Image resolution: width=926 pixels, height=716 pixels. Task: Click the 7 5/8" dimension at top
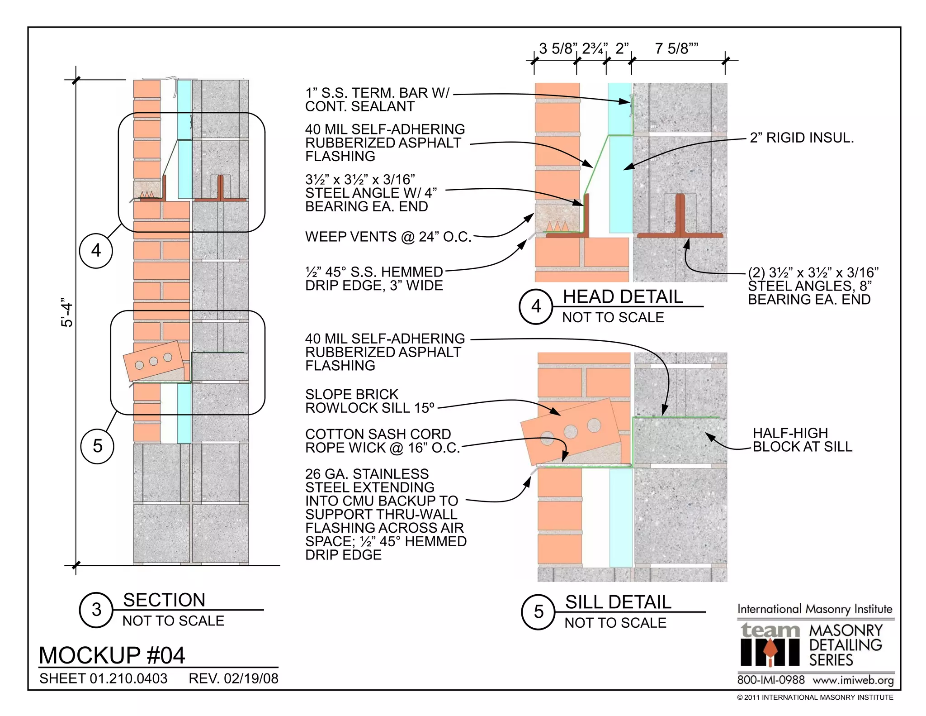tap(676, 48)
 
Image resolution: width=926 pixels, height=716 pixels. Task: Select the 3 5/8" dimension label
tap(558, 48)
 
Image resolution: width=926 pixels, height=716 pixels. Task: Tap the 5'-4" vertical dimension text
tap(67, 312)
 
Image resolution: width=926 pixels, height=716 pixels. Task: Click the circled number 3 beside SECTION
tap(96, 610)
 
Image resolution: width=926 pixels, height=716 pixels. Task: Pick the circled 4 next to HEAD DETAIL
tap(536, 306)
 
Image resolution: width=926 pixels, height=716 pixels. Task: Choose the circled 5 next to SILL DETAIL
tap(538, 612)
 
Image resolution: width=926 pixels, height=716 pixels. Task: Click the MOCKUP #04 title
tap(112, 655)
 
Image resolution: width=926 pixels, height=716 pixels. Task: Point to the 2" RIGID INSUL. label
tap(802, 138)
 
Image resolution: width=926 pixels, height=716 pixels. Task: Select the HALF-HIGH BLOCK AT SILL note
tap(802, 440)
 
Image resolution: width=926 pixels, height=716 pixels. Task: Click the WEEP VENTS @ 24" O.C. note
tap(388, 237)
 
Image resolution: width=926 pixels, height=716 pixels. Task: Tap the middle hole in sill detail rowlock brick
tap(571, 431)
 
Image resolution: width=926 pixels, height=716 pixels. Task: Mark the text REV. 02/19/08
tap(233, 678)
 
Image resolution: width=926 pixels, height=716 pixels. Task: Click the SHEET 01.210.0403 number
tap(103, 678)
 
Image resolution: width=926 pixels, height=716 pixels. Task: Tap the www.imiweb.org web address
tap(853, 680)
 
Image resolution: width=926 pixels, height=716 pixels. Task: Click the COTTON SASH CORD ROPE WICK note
tap(382, 441)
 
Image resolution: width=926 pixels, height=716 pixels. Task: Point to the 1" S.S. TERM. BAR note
tap(377, 100)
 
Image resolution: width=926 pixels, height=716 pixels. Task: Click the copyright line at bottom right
tap(815, 697)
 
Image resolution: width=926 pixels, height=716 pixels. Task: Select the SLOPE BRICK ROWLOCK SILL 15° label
tap(369, 401)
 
